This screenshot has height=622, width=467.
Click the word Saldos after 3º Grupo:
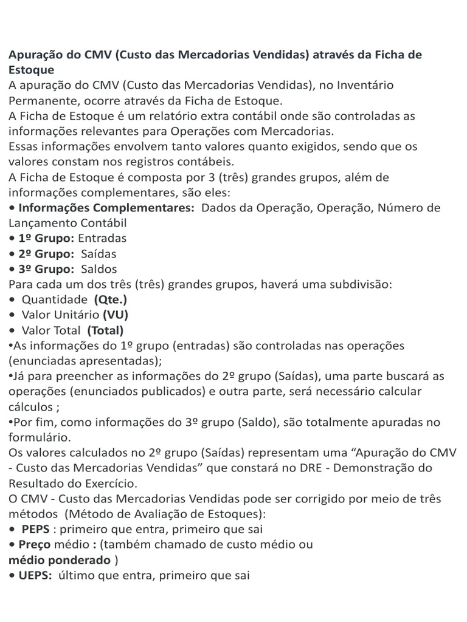click(99, 268)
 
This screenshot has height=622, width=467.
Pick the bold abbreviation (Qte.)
click(111, 299)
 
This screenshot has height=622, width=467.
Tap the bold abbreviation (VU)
click(116, 315)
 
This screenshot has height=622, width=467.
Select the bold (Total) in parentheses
click(105, 330)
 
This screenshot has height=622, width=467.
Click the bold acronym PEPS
click(36, 529)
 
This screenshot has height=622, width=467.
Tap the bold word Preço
click(36, 544)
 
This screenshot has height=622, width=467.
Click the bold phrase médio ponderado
click(59, 559)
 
